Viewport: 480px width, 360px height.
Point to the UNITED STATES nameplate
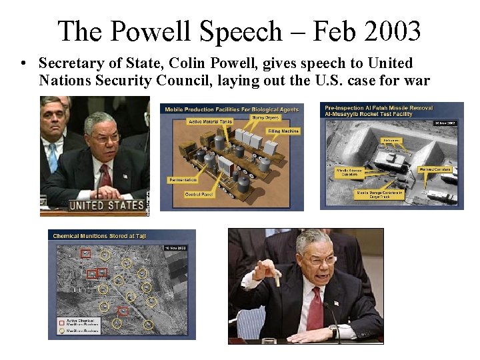pyautogui.click(x=107, y=205)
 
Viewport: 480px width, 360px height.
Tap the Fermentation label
pyautogui.click(x=182, y=180)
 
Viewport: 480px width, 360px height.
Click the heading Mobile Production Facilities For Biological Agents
pyautogui.click(x=231, y=109)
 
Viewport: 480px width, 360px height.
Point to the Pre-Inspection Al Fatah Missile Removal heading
pyautogui.click(x=379, y=107)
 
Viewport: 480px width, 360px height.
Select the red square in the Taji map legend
pyautogui.click(x=61, y=321)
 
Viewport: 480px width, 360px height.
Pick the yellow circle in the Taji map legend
pyautogui.click(x=61, y=330)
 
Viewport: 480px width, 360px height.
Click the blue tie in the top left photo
pyautogui.click(x=53, y=158)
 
